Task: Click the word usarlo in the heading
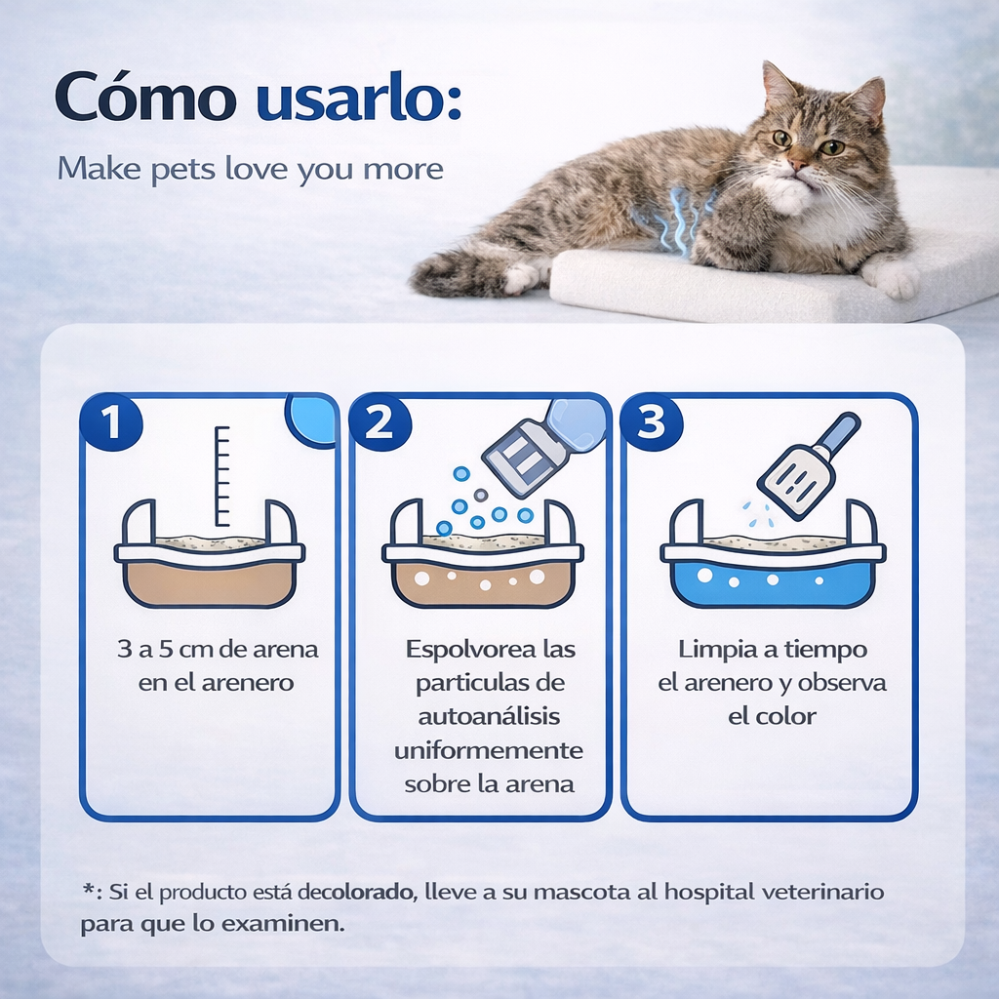[358, 100]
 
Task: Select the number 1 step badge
[112, 423]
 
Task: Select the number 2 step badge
[380, 423]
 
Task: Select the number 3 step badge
[651, 423]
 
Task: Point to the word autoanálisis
[489, 717]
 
